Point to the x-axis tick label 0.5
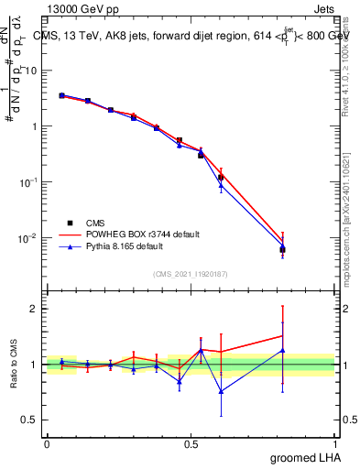191,443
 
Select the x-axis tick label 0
47,443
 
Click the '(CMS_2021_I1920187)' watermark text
191,274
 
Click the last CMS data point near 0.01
283,249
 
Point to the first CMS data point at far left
61,95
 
